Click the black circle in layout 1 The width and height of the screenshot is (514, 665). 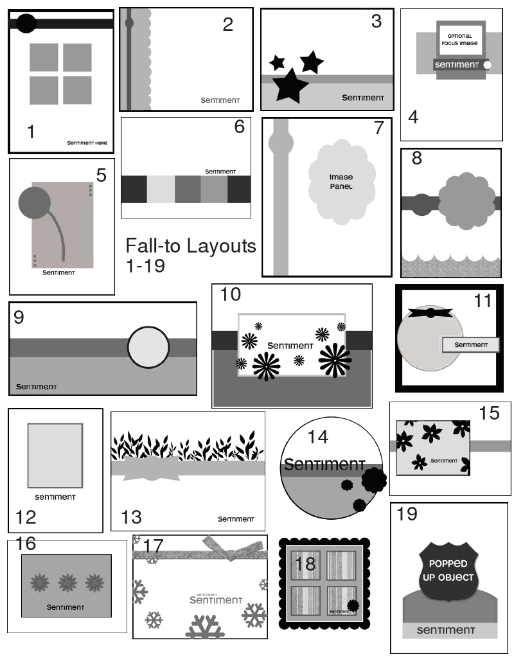coord(26,24)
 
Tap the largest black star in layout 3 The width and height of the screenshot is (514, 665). coord(291,85)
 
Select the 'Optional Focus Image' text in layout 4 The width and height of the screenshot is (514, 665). coord(460,39)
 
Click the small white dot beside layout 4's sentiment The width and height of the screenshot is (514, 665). coord(488,65)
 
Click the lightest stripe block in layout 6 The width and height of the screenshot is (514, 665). coord(161,189)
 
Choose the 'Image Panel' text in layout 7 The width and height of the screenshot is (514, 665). coord(341,181)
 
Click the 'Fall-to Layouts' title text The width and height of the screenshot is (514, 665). coord(190,245)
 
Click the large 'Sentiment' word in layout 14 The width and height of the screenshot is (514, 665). coord(324,464)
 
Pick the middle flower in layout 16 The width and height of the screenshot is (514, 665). coord(67,583)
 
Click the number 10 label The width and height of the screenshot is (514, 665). coord(230,295)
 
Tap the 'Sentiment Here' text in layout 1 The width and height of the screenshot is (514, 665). coord(87,143)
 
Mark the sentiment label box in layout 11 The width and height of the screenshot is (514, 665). coord(470,344)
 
